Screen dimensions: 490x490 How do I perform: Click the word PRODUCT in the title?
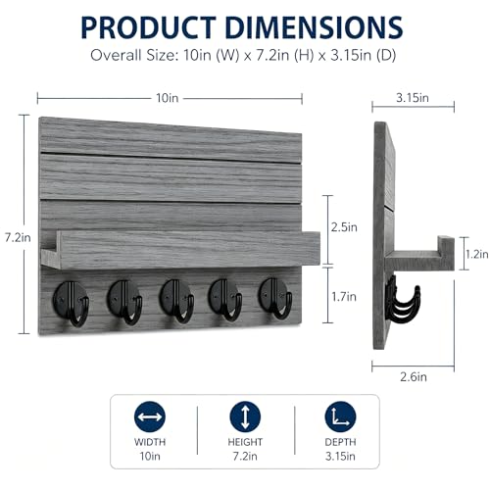pos(148,27)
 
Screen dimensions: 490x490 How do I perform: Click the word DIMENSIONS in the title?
pos(314,27)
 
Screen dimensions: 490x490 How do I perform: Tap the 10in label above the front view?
pos(168,98)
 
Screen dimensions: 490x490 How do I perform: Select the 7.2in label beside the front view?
pos(18,237)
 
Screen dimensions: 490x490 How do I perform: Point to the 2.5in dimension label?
pos(344,227)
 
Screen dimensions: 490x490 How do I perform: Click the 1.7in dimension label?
pos(344,297)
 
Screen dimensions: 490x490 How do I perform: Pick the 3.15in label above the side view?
pos(413,98)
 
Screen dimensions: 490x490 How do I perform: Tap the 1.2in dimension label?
pos(477,254)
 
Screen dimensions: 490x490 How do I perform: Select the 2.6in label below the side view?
pos(414,377)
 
